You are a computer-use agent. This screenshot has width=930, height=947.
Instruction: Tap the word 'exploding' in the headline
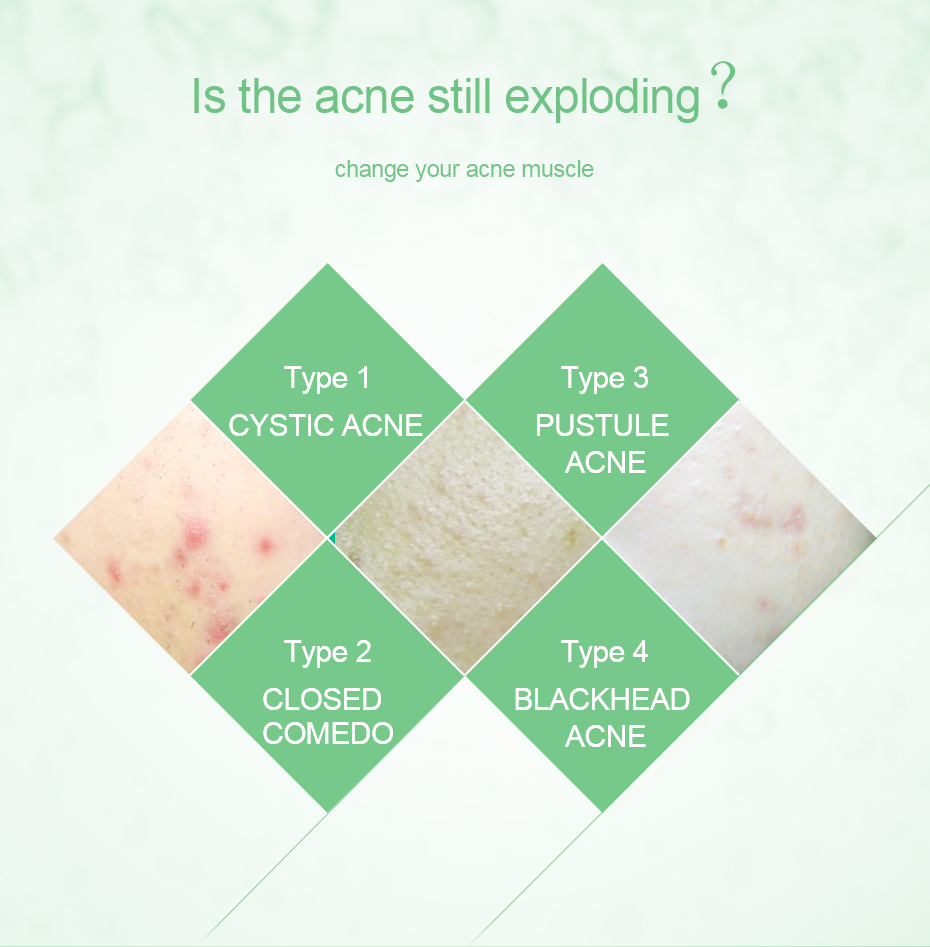[x=602, y=98]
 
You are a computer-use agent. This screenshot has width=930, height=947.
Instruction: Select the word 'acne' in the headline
[x=365, y=98]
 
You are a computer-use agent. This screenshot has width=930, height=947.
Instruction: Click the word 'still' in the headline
[x=459, y=95]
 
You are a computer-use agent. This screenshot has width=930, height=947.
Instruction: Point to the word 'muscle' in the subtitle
[x=557, y=169]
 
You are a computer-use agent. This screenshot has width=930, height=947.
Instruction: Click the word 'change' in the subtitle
[x=372, y=170]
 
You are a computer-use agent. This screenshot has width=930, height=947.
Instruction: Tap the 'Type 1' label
[x=327, y=379]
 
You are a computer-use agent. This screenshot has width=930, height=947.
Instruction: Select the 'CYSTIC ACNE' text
[x=326, y=425]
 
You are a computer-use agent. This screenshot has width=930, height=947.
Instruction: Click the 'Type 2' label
[x=327, y=653]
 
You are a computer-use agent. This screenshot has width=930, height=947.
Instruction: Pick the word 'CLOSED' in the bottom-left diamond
[x=322, y=699]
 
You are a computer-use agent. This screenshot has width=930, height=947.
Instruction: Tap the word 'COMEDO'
[x=328, y=733]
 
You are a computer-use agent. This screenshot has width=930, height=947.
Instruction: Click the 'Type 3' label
[x=604, y=379]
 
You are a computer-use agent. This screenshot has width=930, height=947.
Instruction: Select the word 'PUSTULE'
[x=602, y=425]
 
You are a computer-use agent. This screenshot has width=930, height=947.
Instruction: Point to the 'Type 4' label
[x=604, y=653]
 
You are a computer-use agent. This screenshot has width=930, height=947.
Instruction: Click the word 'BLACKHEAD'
[x=602, y=699]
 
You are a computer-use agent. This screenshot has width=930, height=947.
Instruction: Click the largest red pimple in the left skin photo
[x=196, y=535]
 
